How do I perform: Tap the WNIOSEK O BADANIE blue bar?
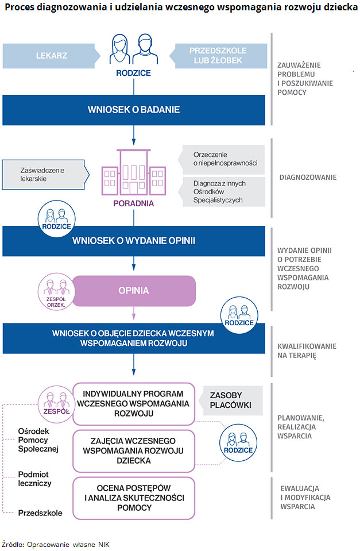coord(134,110)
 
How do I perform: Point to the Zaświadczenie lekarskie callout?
coord(43,175)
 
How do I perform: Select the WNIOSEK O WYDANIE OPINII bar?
coord(134,241)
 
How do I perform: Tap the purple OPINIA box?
coord(134,290)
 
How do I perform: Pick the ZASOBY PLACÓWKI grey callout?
coord(231,400)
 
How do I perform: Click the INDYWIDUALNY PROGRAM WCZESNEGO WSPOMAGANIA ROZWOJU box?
coord(133,403)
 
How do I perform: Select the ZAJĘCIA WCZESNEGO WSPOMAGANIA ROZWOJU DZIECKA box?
coord(133,450)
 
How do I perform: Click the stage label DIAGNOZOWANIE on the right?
coord(308,178)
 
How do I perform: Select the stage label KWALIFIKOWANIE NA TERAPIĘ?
coord(307,351)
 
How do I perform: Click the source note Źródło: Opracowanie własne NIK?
coord(55,544)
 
